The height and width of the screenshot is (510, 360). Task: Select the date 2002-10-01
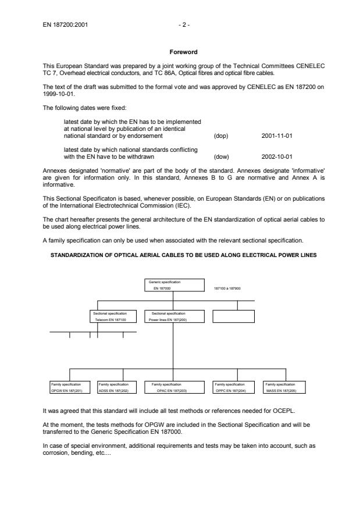point(275,156)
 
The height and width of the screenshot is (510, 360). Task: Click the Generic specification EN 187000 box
point(174,284)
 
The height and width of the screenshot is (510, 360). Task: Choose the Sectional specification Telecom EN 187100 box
point(114,316)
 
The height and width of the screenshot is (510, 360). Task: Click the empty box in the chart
point(233,316)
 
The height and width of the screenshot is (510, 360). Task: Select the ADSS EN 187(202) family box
point(117,387)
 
